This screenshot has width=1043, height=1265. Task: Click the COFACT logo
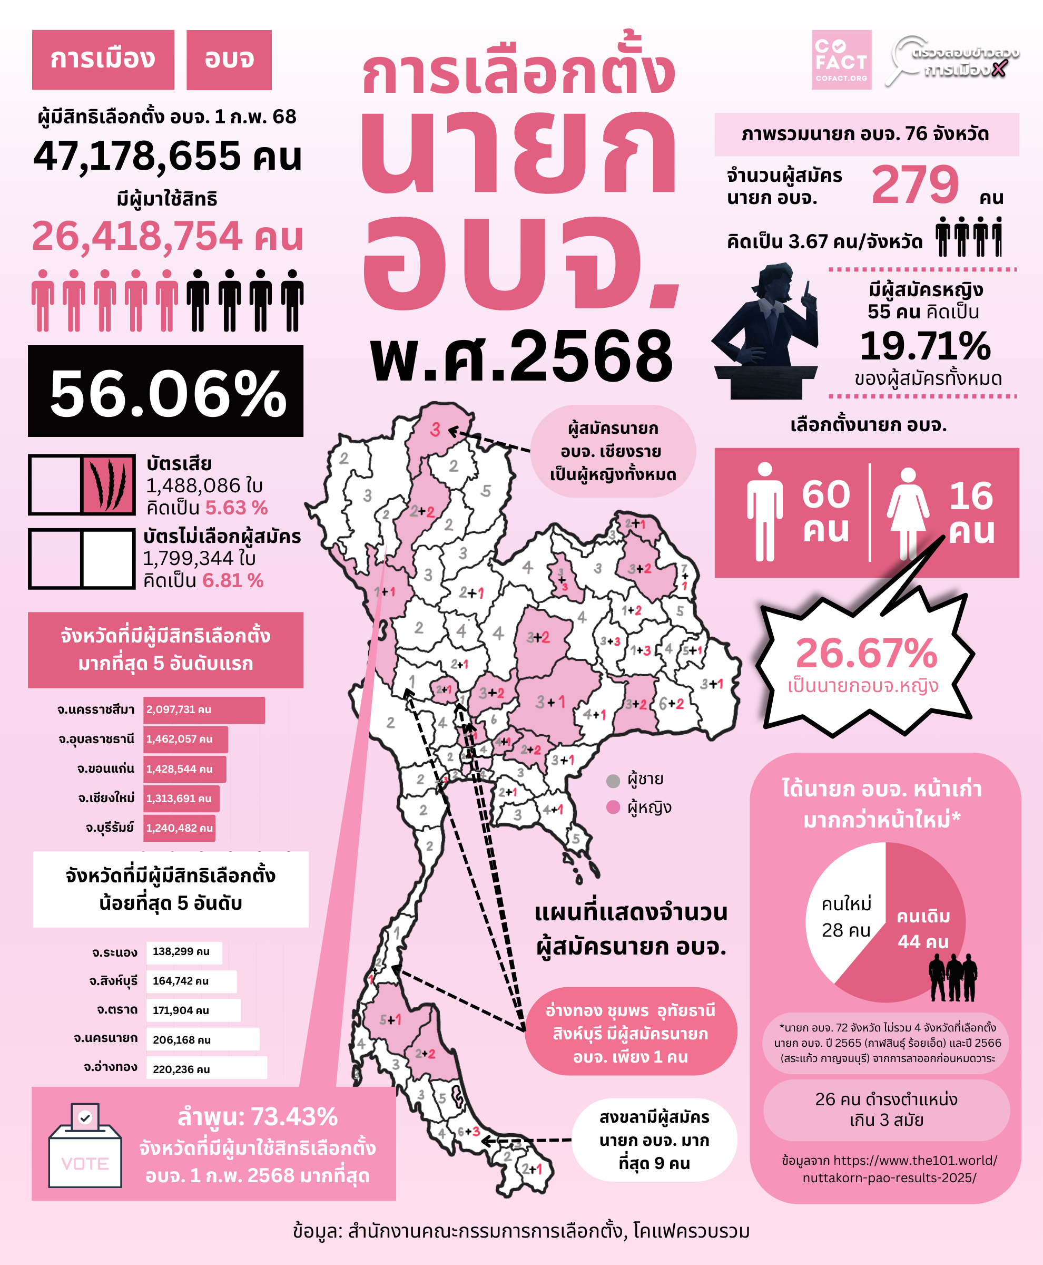(841, 60)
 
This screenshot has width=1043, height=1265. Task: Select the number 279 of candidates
(914, 184)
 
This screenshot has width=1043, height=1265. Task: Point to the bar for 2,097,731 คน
(204, 709)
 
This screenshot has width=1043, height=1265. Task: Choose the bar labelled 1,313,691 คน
(181, 799)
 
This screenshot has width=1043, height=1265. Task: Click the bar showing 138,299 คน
(183, 952)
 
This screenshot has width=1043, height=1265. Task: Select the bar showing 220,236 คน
(206, 1069)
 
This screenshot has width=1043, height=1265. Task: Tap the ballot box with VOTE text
(85, 1146)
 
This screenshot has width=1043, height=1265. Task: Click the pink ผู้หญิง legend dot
(613, 807)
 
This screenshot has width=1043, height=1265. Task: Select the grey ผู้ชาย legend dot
(613, 781)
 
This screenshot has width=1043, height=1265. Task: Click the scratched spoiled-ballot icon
(108, 484)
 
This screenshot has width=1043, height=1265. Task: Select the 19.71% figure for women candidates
(924, 346)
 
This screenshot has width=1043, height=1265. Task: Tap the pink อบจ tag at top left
(229, 60)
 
